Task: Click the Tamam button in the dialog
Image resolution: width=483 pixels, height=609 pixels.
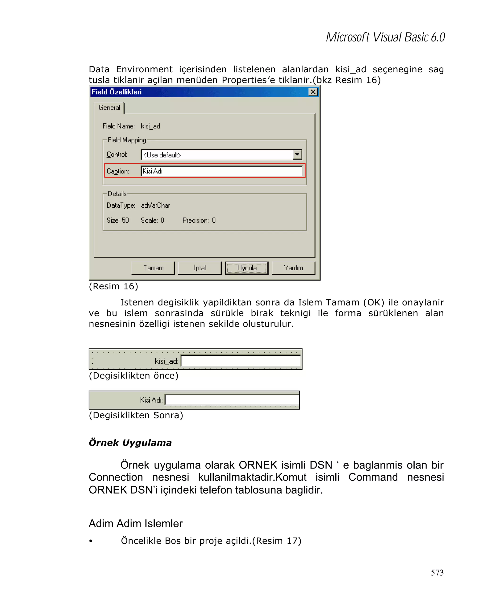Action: pos(153,268)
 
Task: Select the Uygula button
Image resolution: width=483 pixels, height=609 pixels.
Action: pos(246,268)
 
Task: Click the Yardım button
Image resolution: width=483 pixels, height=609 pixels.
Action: pos(293,268)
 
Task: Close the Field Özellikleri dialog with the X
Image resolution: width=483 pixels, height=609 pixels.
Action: pos(312,92)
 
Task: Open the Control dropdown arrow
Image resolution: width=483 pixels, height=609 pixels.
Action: pos(297,155)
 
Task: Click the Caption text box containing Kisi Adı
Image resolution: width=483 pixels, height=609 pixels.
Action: pos(221,171)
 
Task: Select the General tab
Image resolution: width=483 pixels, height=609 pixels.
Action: pos(109,108)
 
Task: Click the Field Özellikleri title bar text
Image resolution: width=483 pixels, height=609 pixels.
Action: pos(117,92)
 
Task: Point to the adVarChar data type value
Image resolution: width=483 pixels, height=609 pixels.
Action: pos(155,205)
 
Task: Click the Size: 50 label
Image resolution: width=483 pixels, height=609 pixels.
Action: pos(118,220)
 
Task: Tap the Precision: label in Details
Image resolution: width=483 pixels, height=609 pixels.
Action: pos(195,220)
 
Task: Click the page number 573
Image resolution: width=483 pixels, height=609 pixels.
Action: pos(437,572)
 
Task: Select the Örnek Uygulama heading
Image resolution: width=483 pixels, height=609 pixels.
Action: pos(130,443)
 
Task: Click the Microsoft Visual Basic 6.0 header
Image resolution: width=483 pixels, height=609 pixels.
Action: pos(385,37)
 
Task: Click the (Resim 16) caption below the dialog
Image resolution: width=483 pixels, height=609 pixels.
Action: pos(113,286)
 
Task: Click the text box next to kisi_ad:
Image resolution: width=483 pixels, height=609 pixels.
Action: pos(241,361)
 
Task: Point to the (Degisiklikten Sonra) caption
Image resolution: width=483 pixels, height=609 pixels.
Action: pos(136,415)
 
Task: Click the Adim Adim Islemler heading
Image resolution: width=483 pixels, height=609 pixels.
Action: pos(136,523)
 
